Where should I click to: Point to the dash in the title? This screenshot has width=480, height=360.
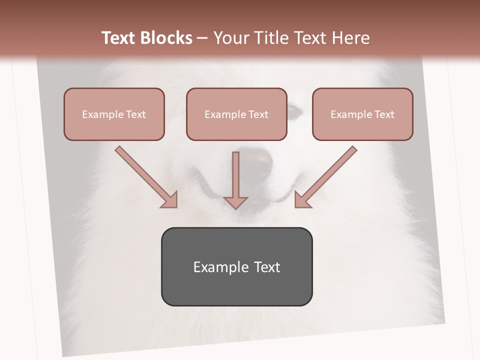click(x=203, y=38)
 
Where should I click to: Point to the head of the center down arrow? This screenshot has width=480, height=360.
click(x=235, y=202)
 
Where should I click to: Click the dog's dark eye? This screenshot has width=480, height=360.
click(x=295, y=111)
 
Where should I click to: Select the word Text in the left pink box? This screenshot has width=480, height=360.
click(x=136, y=114)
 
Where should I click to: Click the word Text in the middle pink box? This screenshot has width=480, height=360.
click(x=258, y=114)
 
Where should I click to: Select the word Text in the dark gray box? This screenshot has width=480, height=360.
click(x=267, y=267)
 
